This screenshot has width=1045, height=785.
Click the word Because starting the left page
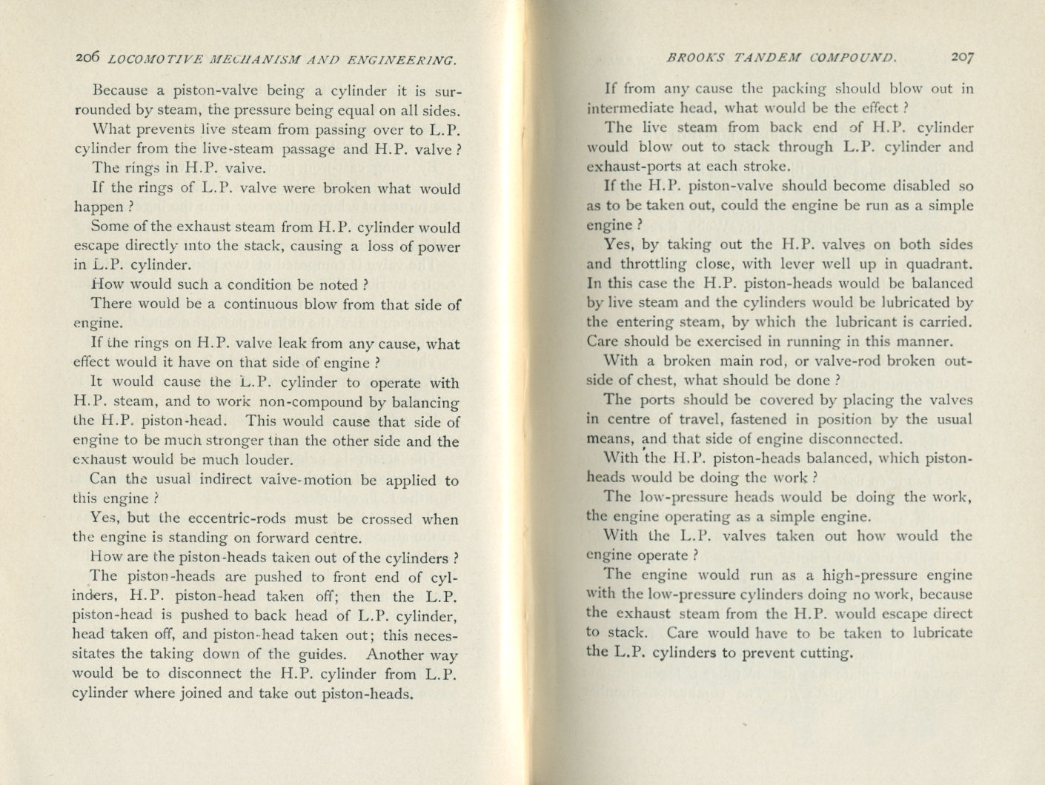pyautogui.click(x=122, y=92)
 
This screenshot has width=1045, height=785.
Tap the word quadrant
pyautogui.click(x=937, y=264)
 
